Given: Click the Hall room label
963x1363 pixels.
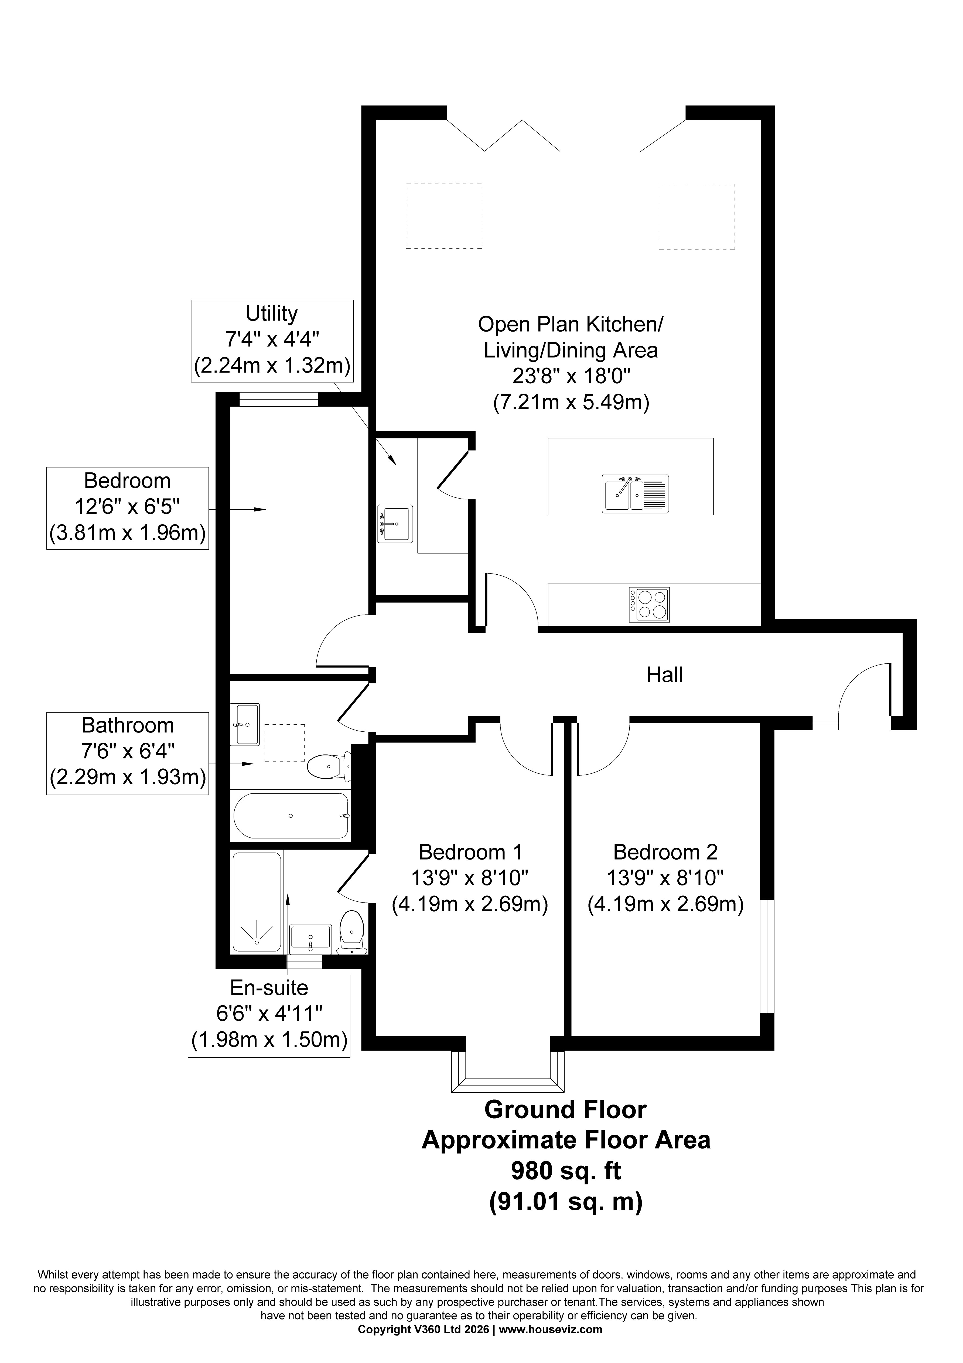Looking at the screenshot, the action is (x=664, y=675).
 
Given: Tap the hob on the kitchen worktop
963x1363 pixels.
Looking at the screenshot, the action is (x=649, y=604).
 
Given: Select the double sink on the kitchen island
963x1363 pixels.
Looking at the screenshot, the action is (x=635, y=493).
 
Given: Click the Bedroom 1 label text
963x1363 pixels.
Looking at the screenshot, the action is (x=470, y=853).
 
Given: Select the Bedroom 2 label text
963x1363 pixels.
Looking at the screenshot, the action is (x=665, y=853).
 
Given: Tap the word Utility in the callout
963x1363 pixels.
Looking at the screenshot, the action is (x=272, y=314).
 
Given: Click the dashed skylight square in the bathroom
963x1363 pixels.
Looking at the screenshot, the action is (x=284, y=743).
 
